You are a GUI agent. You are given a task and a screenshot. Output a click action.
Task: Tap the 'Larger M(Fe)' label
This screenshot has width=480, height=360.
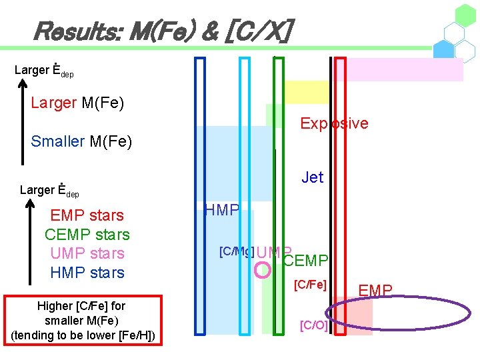pos(77,103)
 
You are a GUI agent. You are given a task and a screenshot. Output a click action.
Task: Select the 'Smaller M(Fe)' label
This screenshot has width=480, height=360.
pos(81,141)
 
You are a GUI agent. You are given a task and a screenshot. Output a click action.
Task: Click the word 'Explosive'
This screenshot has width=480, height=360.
pos(334,123)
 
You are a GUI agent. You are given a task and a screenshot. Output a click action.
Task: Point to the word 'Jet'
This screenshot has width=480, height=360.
pos(312,177)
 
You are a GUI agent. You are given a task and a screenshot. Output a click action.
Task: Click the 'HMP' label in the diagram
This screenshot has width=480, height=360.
pos(222,211)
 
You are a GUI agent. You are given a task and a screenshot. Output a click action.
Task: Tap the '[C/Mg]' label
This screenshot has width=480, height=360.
pos(236,251)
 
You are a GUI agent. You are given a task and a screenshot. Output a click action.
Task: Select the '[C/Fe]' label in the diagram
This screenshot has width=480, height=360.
pos(310,285)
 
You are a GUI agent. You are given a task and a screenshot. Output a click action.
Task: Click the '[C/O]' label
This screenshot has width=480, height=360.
pos(313,325)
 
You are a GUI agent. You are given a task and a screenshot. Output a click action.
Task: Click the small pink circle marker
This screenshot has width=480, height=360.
pos(263,269)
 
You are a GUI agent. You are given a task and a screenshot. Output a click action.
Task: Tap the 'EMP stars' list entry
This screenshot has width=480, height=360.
pos(87,215)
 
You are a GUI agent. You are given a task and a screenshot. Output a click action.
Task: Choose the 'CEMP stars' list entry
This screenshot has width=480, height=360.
pos(87,235)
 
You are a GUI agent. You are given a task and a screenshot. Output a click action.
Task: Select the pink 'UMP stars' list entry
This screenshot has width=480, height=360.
pos(87,253)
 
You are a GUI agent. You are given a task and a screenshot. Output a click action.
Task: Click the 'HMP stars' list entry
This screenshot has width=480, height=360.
pos(87,273)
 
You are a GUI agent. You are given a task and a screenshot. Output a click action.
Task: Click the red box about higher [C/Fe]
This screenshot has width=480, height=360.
pos(83,321)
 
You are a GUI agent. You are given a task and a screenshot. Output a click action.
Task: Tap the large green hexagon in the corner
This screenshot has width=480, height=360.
pos(465,15)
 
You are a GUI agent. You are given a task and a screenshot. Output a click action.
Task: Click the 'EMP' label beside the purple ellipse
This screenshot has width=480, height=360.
pos(375,289)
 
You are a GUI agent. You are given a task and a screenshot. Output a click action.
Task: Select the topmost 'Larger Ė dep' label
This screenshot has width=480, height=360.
pos(44,70)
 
